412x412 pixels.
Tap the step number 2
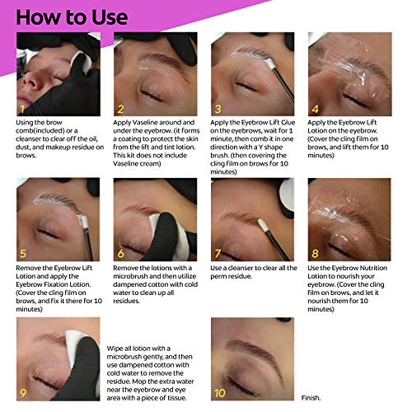pos(121,108)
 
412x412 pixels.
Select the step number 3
pos(218,108)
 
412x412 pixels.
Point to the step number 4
pos(314,108)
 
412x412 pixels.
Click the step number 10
pos(220,392)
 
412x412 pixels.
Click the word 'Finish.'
pos(311,396)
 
